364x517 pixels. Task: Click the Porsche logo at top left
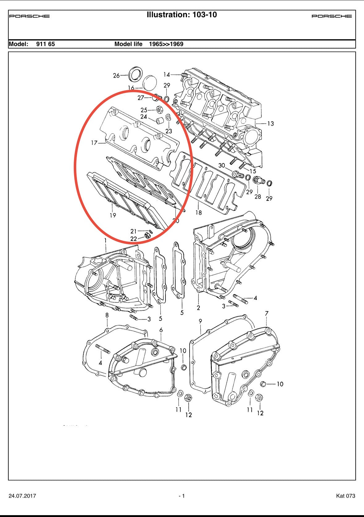(29, 16)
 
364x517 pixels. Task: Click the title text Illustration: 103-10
(182, 15)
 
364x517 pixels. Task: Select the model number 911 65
(45, 44)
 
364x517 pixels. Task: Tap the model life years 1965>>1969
(166, 44)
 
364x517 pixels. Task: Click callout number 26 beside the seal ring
(116, 75)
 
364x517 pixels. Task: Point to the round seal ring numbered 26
(136, 74)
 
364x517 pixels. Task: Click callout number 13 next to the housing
(270, 124)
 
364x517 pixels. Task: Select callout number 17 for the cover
(94, 143)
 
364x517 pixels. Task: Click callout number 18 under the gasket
(199, 212)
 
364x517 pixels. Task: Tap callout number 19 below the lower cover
(113, 215)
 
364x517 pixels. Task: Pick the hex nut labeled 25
(160, 109)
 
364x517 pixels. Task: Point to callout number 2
(198, 308)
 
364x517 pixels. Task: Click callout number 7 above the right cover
(267, 313)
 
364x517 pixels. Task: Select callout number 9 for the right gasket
(200, 321)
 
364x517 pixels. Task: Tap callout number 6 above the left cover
(161, 330)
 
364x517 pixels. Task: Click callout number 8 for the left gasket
(107, 315)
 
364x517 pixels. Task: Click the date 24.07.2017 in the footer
(22, 496)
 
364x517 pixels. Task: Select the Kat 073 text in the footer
(345, 496)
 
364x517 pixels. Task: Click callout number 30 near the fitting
(222, 166)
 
